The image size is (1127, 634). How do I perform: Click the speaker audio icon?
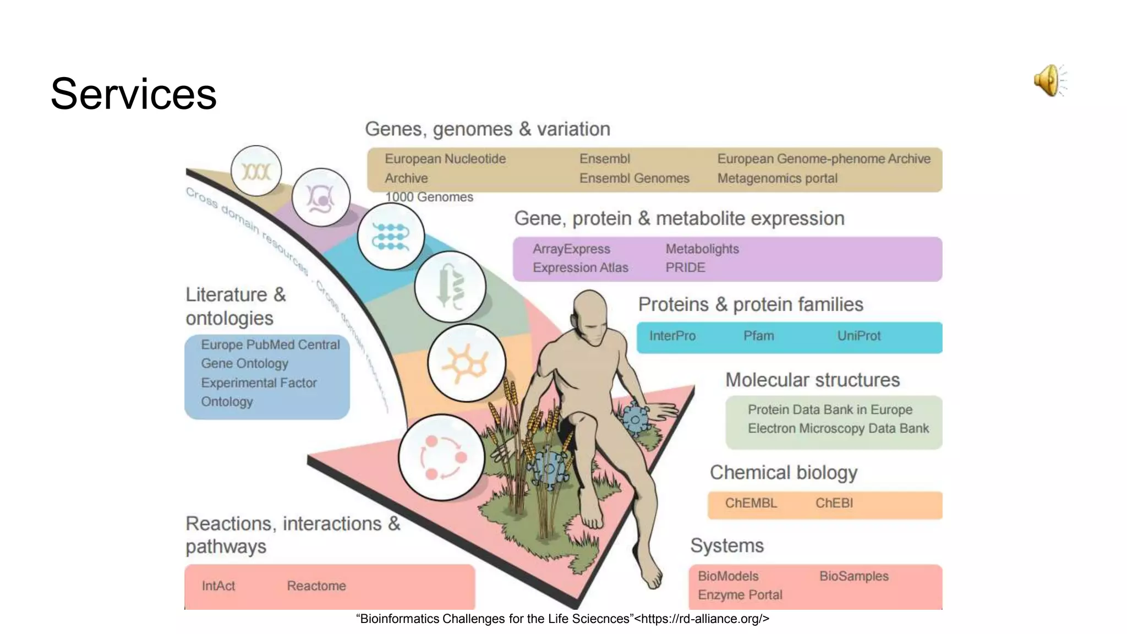tap(1049, 80)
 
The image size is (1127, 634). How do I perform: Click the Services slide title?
tap(134, 94)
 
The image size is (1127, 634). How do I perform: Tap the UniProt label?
tap(858, 336)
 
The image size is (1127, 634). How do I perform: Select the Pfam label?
tap(758, 336)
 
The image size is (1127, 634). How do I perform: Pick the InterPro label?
tap(672, 336)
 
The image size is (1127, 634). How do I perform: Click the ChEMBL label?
tap(751, 503)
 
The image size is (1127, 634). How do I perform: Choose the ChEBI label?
tap(834, 503)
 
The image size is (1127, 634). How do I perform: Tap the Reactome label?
tap(316, 586)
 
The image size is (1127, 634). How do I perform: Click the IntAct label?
tap(218, 586)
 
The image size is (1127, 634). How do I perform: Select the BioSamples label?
tap(854, 576)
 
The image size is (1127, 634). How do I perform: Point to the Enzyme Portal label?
tap(740, 595)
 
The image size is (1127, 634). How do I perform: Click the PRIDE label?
tap(685, 267)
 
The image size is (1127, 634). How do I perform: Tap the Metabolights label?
tap(702, 249)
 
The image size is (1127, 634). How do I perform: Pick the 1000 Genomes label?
tap(429, 197)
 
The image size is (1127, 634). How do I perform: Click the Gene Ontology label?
tap(244, 363)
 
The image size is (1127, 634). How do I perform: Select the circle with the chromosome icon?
tap(256, 171)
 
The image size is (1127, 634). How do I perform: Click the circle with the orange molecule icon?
tap(466, 363)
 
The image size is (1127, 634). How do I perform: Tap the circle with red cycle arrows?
tap(442, 457)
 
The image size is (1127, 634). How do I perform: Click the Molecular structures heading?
tap(812, 380)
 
